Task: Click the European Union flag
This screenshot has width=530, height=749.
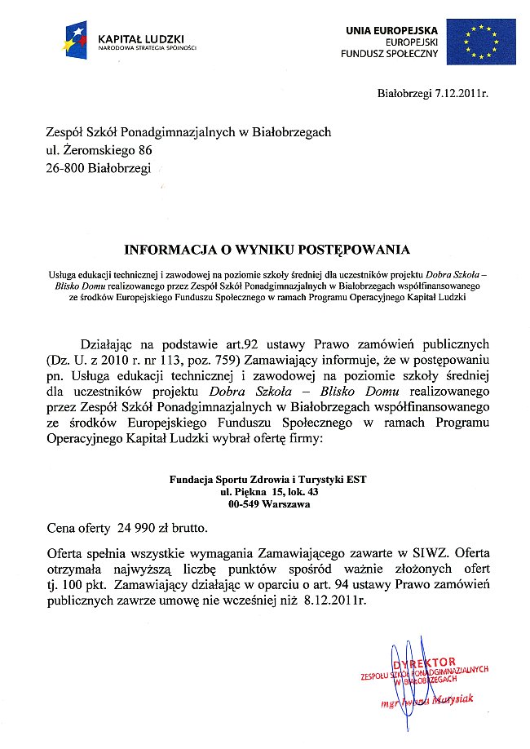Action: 480,41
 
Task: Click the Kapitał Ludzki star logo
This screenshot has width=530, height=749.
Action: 80,40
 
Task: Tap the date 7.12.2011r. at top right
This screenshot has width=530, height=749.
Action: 461,95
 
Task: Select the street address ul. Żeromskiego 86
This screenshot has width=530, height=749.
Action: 99,150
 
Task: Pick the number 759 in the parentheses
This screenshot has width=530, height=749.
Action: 219,360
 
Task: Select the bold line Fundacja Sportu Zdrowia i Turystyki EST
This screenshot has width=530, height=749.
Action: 267,480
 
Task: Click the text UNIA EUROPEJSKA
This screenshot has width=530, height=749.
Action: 391,29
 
